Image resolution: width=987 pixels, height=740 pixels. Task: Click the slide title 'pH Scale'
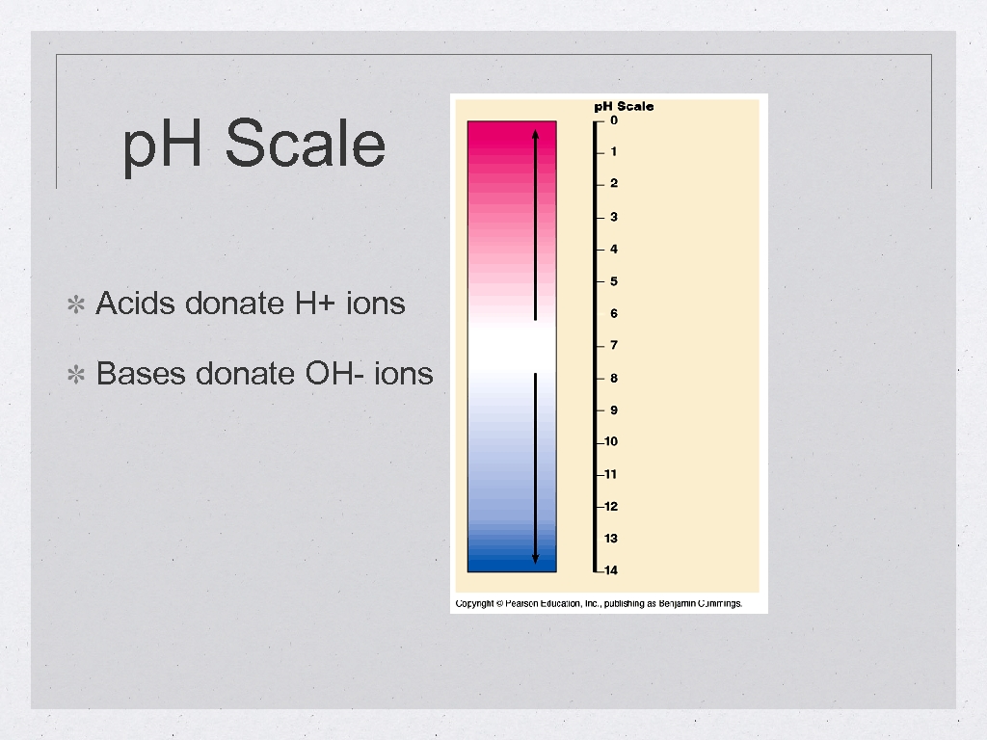pos(254,145)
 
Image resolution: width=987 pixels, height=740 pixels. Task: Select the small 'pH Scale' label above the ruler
pos(623,106)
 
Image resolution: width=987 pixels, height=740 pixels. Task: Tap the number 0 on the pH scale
pos(614,120)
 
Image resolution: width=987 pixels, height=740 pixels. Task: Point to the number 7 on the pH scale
pos(614,345)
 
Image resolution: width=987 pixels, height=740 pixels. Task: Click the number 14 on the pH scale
pos(611,570)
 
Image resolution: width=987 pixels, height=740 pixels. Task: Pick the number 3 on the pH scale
pos(614,217)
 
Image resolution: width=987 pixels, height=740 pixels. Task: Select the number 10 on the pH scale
pos(611,441)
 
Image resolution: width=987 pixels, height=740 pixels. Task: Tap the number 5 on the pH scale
pos(614,281)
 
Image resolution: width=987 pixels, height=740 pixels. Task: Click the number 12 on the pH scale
pos(611,506)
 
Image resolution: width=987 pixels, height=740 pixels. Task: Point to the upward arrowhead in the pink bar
pos(535,133)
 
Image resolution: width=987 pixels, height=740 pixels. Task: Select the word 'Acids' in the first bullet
pos(136,304)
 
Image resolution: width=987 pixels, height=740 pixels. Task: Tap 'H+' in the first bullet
pos(290,304)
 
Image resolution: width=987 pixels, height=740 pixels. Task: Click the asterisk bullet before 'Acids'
pos(76,305)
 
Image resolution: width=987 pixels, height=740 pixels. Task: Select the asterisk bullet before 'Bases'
pos(76,375)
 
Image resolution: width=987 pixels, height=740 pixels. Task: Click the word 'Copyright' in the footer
pos(474,604)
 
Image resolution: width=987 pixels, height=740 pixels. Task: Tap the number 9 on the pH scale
pos(614,410)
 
